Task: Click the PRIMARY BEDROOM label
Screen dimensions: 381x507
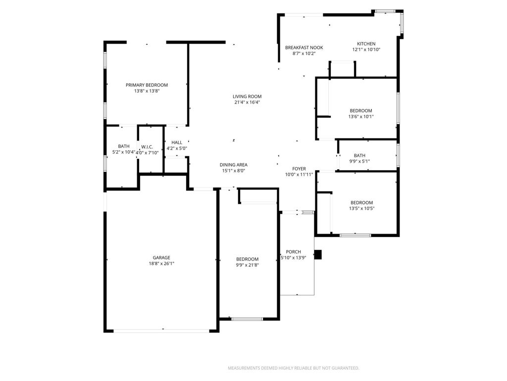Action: click(x=147, y=85)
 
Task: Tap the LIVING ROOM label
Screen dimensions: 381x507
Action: click(x=247, y=96)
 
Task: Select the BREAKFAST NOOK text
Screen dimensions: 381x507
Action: click(x=304, y=48)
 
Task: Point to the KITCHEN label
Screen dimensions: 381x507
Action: click(x=366, y=44)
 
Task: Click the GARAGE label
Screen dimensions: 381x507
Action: click(x=161, y=257)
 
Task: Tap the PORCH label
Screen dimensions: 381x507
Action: click(x=294, y=252)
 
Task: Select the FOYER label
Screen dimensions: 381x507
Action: click(x=299, y=169)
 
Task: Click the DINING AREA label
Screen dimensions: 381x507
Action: click(x=234, y=165)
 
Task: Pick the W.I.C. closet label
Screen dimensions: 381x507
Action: click(x=147, y=147)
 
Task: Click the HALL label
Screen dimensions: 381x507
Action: click(x=177, y=142)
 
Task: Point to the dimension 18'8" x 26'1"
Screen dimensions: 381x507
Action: click(x=161, y=263)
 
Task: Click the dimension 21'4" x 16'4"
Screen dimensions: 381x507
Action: click(x=247, y=102)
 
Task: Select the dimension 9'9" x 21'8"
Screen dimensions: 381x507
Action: click(x=247, y=265)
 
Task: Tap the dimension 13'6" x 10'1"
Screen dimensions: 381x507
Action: click(x=361, y=117)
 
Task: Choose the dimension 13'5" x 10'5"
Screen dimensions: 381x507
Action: click(x=362, y=208)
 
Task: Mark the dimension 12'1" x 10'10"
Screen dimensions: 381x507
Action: click(x=366, y=50)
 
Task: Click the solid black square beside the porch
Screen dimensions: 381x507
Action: click(x=318, y=254)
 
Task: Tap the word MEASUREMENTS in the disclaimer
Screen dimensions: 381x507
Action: click(x=244, y=368)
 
